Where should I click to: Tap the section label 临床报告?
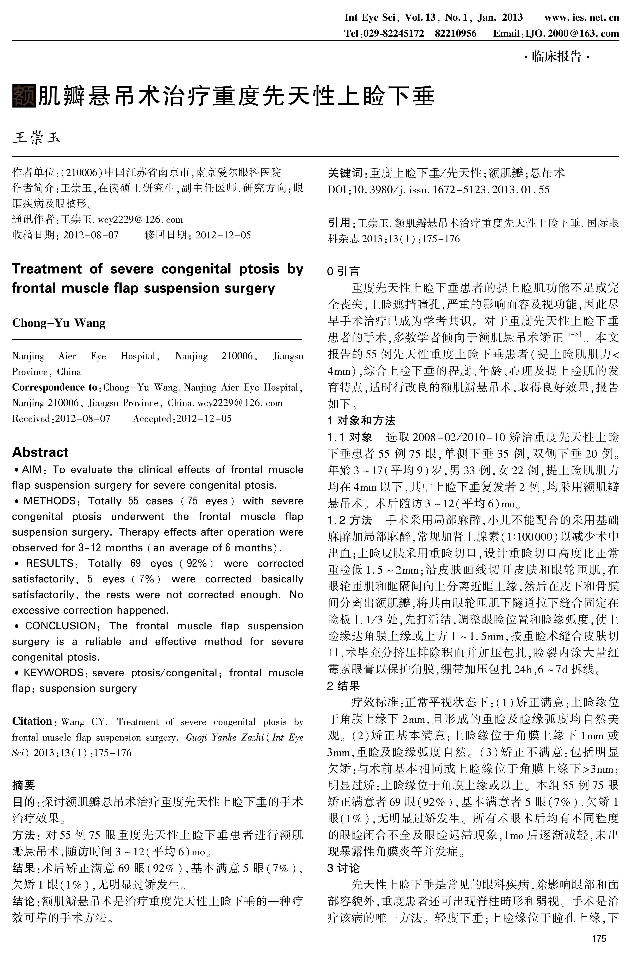(557, 57)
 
